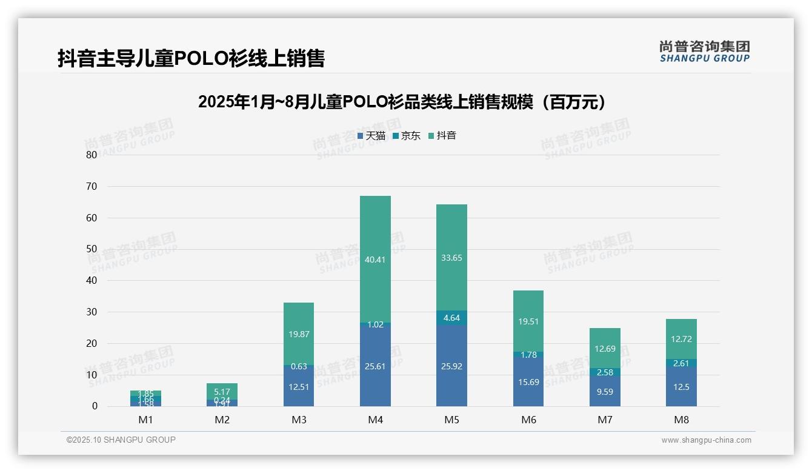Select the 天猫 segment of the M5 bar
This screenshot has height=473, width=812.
[451, 366]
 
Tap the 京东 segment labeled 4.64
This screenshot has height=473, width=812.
[451, 318]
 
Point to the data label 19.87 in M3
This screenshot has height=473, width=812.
[299, 334]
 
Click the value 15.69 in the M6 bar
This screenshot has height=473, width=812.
[528, 382]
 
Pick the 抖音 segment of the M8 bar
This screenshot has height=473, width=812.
[681, 338]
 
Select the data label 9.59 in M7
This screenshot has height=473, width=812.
[605, 392]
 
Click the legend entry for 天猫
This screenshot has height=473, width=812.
[371, 136]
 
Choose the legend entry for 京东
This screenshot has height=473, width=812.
[406, 136]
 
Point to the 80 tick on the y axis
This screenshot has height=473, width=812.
[92, 155]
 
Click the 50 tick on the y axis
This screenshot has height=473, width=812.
[92, 249]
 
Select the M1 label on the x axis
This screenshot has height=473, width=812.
[145, 420]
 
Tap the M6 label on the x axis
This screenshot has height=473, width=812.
[528, 420]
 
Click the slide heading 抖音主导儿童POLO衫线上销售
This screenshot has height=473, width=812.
[191, 58]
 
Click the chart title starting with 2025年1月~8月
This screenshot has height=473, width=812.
[402, 102]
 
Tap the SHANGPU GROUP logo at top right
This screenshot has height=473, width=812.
[704, 52]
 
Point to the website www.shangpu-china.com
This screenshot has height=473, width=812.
[706, 440]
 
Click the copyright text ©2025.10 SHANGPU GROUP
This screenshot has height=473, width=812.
[121, 440]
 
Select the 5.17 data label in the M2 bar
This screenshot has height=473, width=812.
[222, 392]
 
